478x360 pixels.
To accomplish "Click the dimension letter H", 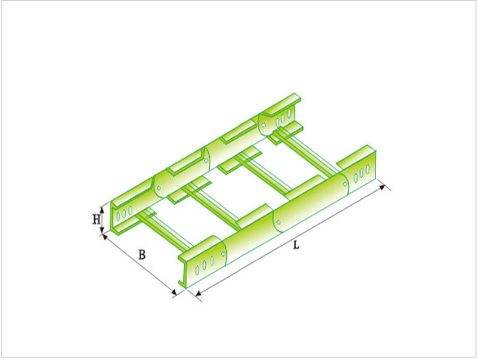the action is click(x=96, y=220).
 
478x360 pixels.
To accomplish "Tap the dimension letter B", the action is click(x=141, y=255).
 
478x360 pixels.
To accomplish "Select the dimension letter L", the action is click(x=296, y=245).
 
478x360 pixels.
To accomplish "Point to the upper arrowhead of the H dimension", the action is click(x=102, y=209).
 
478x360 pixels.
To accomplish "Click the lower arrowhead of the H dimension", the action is click(x=102, y=230).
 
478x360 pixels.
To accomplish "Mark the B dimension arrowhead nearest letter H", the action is click(x=105, y=237).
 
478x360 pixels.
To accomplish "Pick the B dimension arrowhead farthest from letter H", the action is click(x=174, y=293).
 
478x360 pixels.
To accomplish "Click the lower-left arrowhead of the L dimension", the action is click(x=199, y=293).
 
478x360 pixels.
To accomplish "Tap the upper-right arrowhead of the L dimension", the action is click(x=382, y=188).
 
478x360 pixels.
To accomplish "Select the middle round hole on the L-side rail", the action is click(x=279, y=222).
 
